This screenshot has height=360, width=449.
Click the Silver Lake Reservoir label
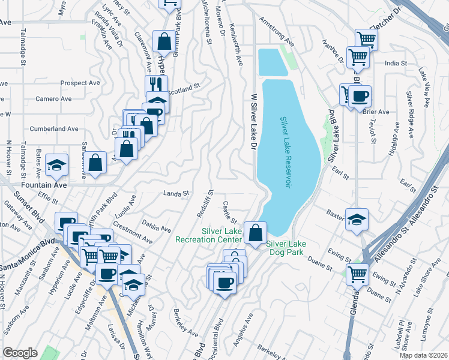click(x=285, y=152)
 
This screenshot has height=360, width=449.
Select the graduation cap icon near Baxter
click(x=357, y=220)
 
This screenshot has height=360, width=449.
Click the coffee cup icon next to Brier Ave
click(x=360, y=96)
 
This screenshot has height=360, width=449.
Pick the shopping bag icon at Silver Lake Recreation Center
click(x=256, y=232)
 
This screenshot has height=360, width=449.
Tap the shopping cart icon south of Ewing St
click(x=357, y=274)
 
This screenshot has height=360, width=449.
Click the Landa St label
click(x=176, y=193)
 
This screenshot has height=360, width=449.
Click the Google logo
click(x=20, y=352)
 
